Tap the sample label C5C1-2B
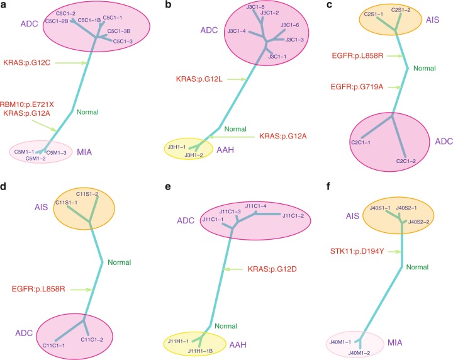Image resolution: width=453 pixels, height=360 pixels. click(57, 21)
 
